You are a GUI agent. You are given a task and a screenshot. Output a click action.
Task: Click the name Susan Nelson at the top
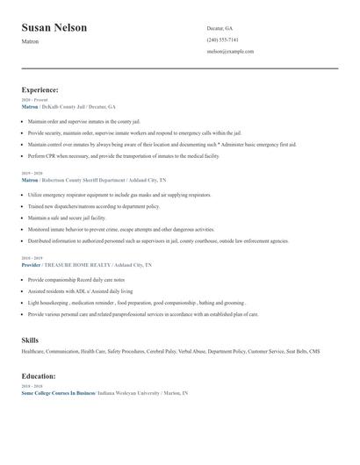click(x=54, y=28)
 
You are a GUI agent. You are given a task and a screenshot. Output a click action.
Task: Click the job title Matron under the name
click(x=30, y=41)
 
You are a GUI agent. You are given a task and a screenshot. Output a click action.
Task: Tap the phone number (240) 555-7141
click(x=222, y=39)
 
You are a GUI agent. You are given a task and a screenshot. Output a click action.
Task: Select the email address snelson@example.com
click(x=230, y=51)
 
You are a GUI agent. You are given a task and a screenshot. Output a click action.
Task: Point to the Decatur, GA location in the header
click(x=220, y=28)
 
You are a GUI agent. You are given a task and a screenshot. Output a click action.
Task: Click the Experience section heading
click(x=40, y=89)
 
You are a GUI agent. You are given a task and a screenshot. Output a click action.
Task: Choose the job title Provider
click(x=32, y=264)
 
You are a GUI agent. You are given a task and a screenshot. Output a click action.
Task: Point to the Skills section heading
click(x=30, y=339)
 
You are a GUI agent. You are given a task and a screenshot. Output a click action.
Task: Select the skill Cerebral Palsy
click(x=162, y=351)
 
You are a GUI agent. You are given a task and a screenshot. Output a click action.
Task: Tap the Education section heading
click(x=39, y=376)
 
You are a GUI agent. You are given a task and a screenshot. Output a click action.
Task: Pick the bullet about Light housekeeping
click(x=123, y=302)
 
